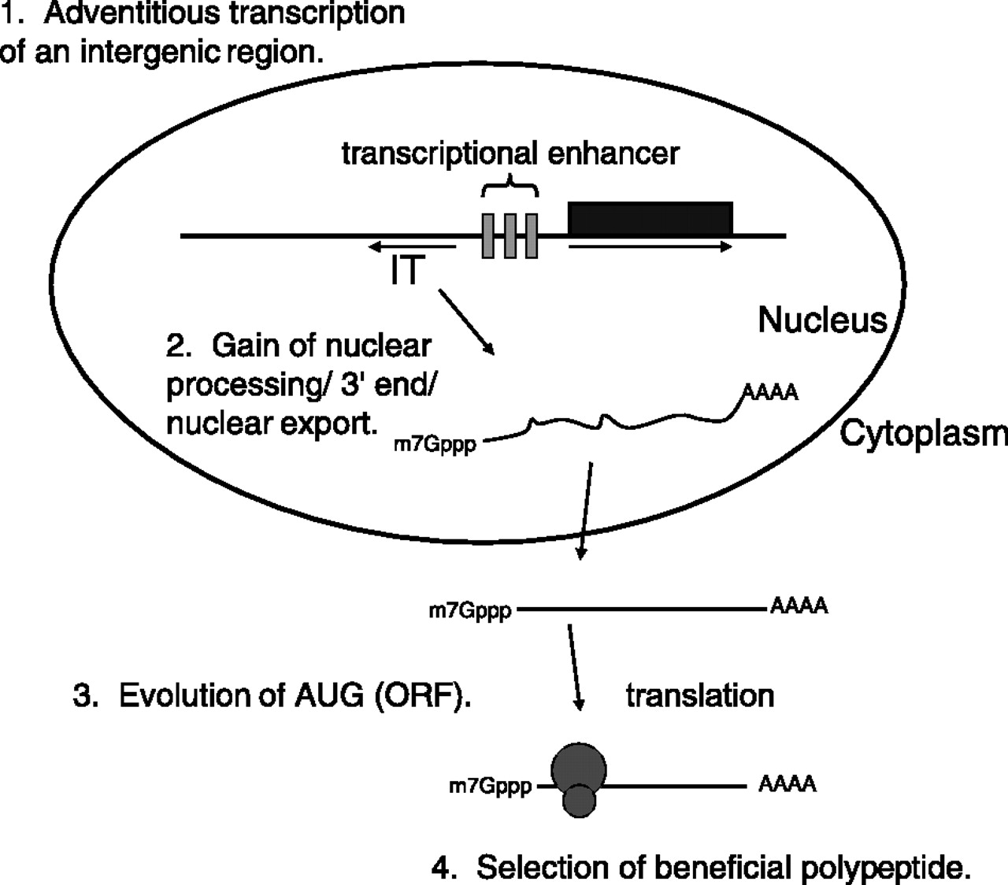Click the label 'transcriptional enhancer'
coord(510,153)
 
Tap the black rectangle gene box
coord(650,218)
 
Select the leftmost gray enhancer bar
coord(489,235)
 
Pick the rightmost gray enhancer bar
coord(532,235)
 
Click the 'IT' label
coord(407,272)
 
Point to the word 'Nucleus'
coord(822,320)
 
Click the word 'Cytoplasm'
coord(923,434)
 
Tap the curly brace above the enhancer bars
coord(510,188)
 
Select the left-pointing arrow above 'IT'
coord(410,247)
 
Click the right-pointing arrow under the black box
coord(650,247)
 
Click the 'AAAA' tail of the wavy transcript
coord(771,392)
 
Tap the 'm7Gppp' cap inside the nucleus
coord(435,446)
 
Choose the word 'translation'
coord(700,696)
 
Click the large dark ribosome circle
coord(580,766)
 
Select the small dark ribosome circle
coord(580,801)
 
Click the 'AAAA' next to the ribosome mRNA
coord(787,784)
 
